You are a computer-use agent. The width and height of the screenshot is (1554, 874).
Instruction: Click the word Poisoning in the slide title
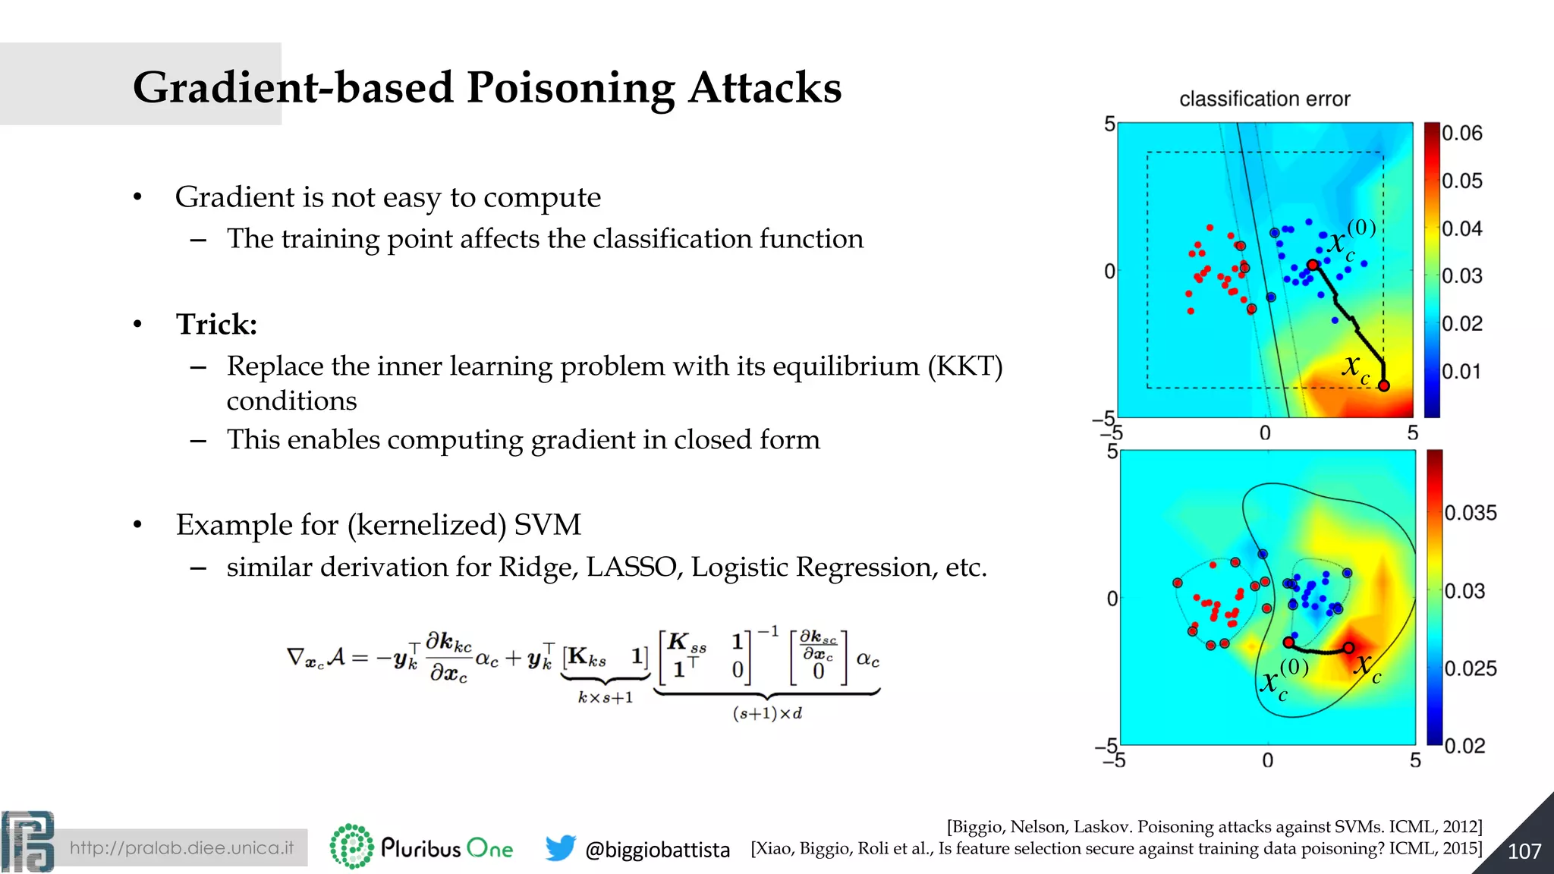[570, 88]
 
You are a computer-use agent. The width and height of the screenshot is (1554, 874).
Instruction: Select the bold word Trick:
[216, 325]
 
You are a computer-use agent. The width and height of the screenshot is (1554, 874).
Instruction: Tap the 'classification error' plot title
[1264, 99]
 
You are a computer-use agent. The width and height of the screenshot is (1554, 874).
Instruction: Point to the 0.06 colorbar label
[1461, 134]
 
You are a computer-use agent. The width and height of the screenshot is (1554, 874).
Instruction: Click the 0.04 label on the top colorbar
[1461, 228]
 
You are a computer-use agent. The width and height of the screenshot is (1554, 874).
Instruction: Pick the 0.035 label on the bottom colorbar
[1470, 513]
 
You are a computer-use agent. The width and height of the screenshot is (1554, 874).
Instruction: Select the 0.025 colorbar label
[1470, 668]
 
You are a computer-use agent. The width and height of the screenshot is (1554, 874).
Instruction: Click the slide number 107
[1524, 851]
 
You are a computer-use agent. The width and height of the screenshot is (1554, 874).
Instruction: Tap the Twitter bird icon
[560, 848]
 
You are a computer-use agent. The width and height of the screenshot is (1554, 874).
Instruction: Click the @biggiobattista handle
[657, 850]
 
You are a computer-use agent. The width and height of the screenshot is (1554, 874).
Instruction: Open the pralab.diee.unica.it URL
[181, 847]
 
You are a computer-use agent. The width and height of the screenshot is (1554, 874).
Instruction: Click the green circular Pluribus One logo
[351, 846]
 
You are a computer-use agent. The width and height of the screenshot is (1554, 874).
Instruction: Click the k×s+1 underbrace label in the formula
[605, 697]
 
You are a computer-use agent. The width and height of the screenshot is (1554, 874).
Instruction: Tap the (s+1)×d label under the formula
[767, 713]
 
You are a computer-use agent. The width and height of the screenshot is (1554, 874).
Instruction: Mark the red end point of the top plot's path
[1383, 386]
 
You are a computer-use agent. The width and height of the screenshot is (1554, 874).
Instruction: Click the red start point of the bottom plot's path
[1288, 643]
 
